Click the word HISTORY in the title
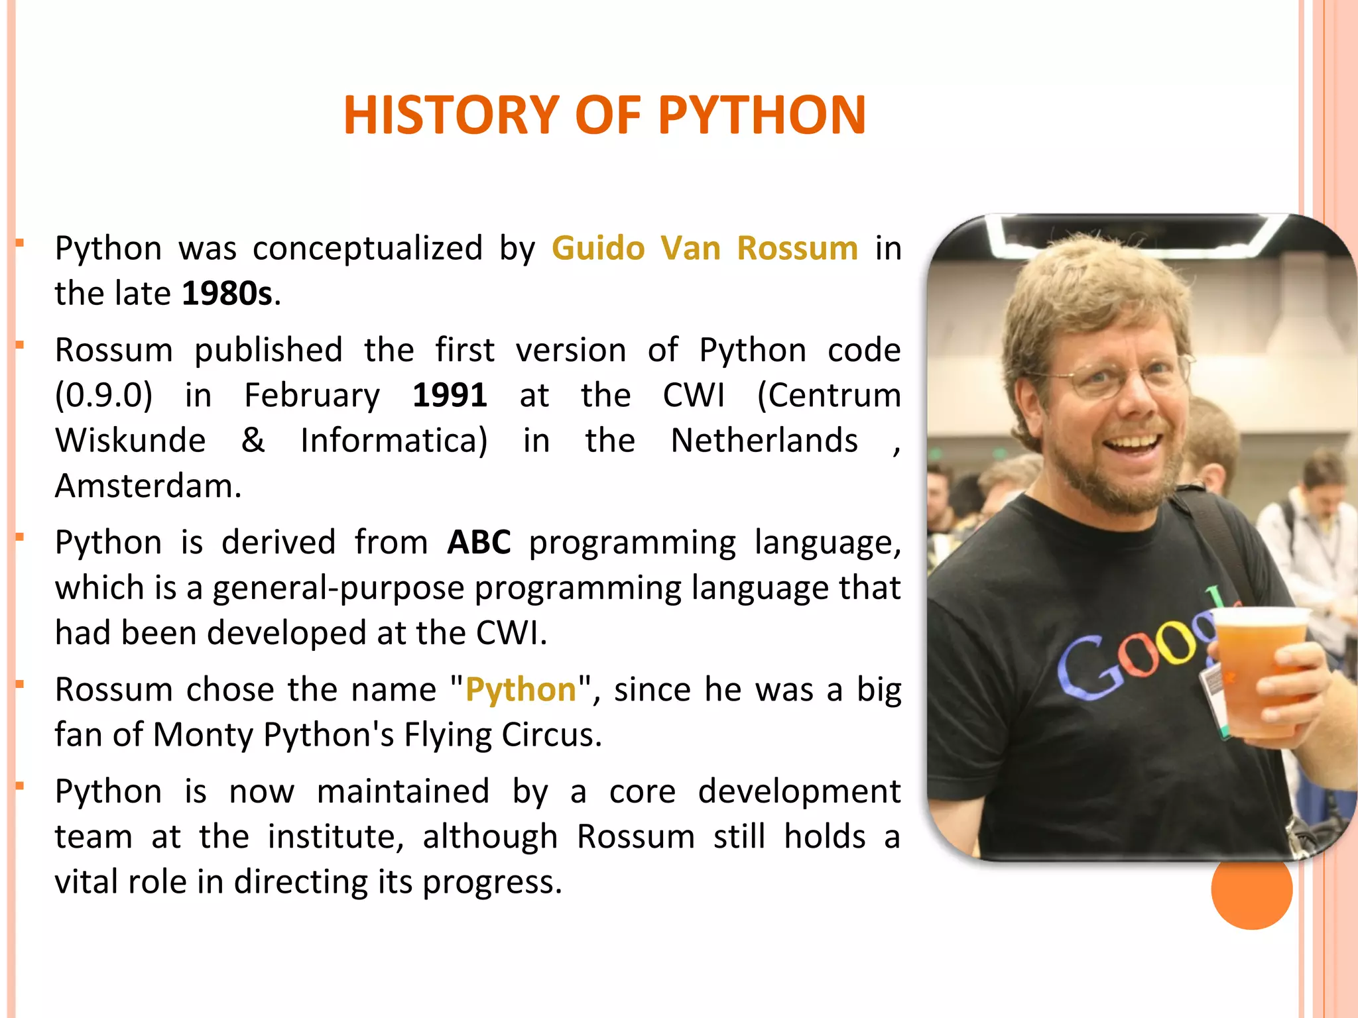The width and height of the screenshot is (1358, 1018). pyautogui.click(x=451, y=115)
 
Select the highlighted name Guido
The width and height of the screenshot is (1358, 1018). pyautogui.click(x=597, y=249)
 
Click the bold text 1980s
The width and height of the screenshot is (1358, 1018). pyautogui.click(x=227, y=294)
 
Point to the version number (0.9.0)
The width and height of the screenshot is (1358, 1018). pyautogui.click(x=103, y=396)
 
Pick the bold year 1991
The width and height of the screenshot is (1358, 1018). pyautogui.click(x=450, y=396)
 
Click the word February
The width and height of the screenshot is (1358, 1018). pyautogui.click(x=312, y=396)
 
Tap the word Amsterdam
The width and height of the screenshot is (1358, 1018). pyautogui.click(x=147, y=486)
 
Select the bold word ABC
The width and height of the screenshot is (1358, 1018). pyautogui.click(x=479, y=542)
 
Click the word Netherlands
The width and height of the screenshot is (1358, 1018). pyautogui.click(x=764, y=441)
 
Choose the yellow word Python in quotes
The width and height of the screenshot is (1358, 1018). pyautogui.click(x=521, y=690)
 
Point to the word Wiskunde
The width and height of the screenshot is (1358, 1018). pyautogui.click(x=130, y=441)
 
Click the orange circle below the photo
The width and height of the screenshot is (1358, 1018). pyautogui.click(x=1251, y=889)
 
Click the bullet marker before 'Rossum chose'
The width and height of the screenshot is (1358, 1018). pyautogui.click(x=20, y=684)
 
